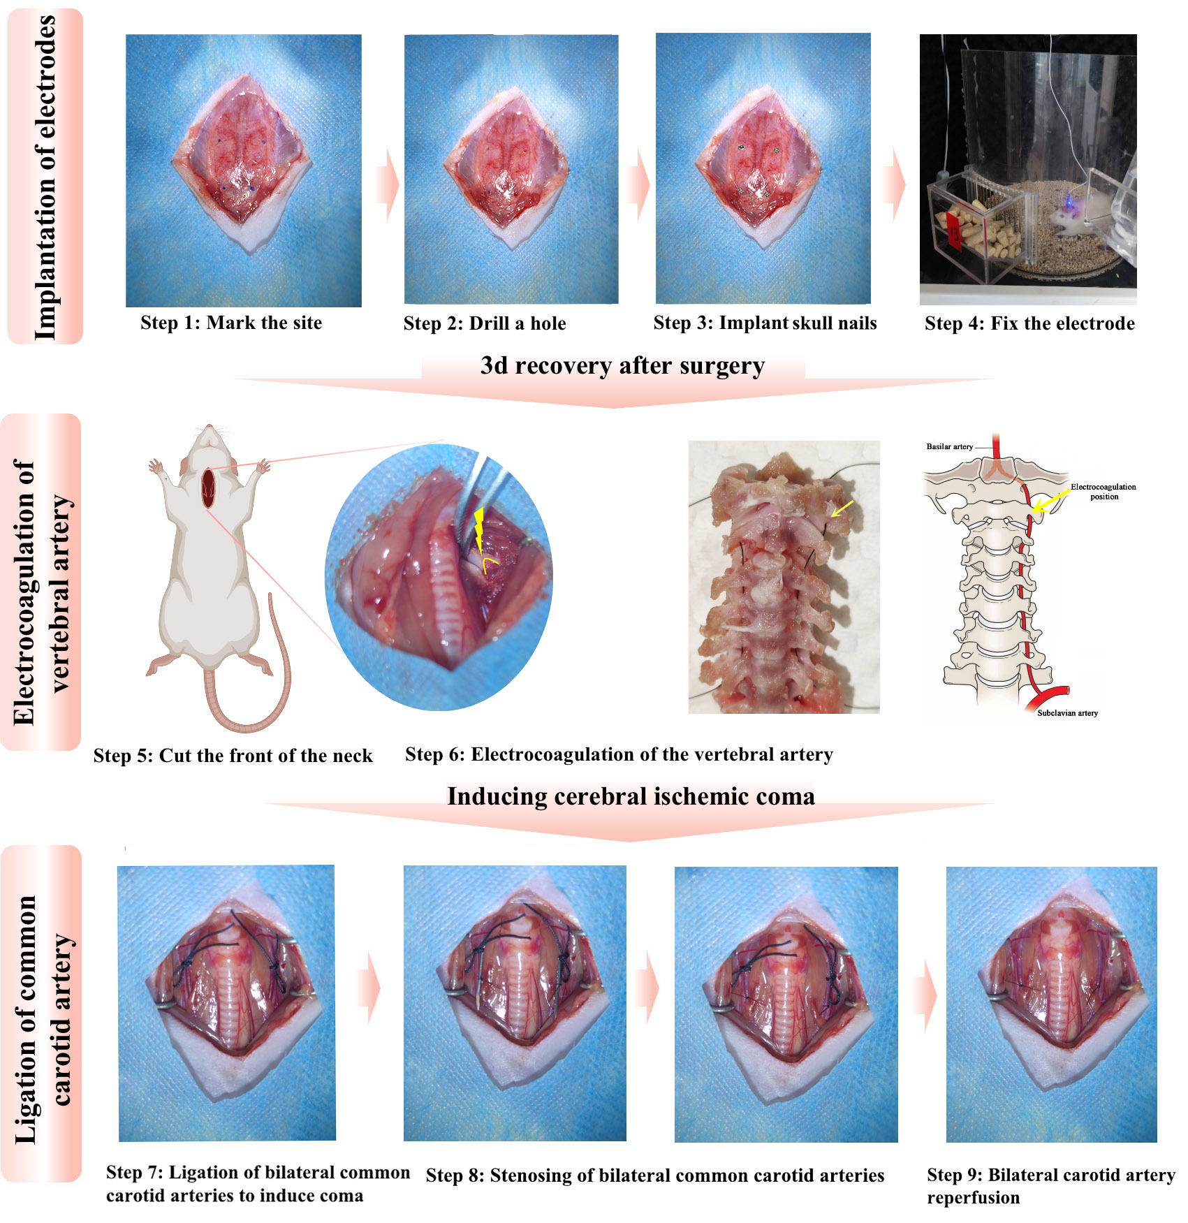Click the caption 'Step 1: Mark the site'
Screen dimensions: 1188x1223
pyautogui.click(x=231, y=323)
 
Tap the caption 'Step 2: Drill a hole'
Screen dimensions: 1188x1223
pyautogui.click(x=485, y=323)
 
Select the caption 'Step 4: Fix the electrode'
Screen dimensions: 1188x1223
pyautogui.click(x=1029, y=323)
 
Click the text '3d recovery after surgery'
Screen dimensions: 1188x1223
pyautogui.click(x=622, y=366)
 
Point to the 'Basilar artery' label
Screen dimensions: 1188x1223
pyautogui.click(x=949, y=446)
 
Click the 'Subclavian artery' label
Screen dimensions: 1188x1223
pyautogui.click(x=1067, y=713)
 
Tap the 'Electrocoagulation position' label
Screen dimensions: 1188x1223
pyautogui.click(x=1103, y=492)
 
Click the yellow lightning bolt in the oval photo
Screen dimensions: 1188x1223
pyautogui.click(x=479, y=529)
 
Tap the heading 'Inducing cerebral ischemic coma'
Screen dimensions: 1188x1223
pyautogui.click(x=631, y=796)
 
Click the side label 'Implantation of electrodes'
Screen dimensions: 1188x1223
pyautogui.click(x=45, y=177)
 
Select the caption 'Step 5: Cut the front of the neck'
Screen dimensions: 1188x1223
pyautogui.click(x=233, y=756)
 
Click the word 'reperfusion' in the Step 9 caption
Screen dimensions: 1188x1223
pyautogui.click(x=973, y=1198)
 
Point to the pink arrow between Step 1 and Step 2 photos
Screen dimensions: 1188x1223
pyautogui.click(x=388, y=186)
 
